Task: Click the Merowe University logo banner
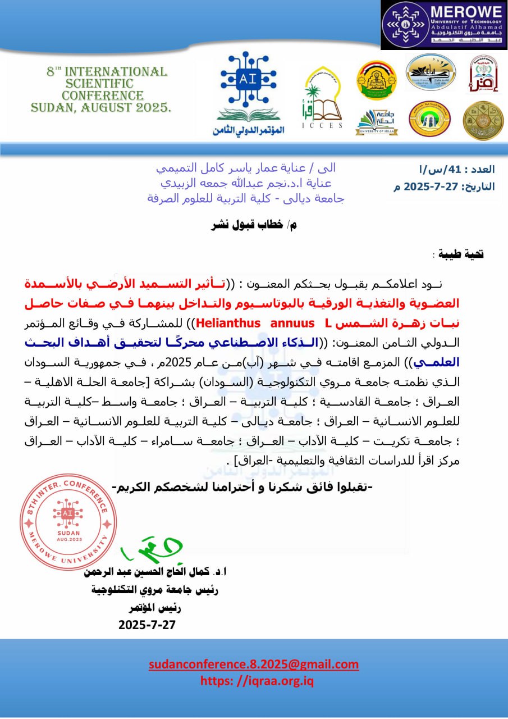(x=443, y=25)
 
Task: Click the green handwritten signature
(x=144, y=552)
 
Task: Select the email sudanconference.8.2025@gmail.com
(x=254, y=665)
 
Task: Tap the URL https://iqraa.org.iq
(x=257, y=681)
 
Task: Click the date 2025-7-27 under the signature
(x=147, y=625)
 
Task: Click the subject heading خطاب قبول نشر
(x=253, y=226)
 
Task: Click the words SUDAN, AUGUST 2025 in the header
(x=101, y=107)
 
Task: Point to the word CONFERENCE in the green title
(x=103, y=95)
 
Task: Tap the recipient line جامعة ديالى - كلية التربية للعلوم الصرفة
(x=245, y=198)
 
